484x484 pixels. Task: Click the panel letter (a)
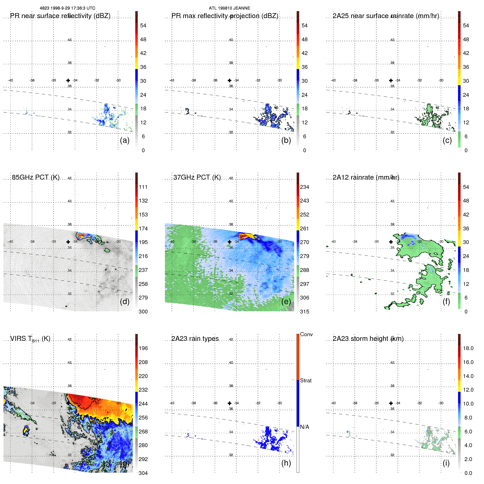point(125,140)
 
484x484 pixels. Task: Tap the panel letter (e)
point(286,301)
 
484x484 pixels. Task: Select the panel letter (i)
point(446,463)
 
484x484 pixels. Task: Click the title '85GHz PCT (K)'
point(36,177)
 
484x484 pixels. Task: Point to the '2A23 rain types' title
point(195,339)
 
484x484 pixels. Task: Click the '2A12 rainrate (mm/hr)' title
point(366,177)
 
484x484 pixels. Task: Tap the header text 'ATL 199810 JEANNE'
point(230,8)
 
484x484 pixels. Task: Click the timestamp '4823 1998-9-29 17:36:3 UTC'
point(68,8)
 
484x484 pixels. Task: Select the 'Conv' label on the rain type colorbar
point(306,334)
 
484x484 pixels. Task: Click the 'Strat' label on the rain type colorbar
point(306,380)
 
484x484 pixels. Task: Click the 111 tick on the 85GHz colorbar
point(143,187)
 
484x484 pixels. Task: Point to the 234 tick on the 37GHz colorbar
point(304,187)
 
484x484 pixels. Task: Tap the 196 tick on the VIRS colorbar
point(143,348)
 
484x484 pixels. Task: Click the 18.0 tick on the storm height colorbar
point(468,348)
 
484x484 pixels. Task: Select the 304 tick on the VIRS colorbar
point(143,473)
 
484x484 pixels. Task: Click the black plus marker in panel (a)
point(68,80)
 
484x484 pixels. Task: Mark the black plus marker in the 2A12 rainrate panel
point(391,242)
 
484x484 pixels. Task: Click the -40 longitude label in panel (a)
point(10,80)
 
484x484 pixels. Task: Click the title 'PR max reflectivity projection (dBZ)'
point(225,16)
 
